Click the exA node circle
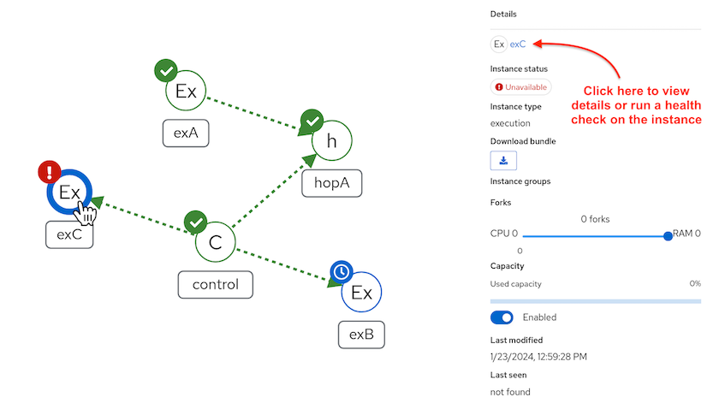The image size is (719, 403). tap(186, 91)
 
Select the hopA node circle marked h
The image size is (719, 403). tap(331, 141)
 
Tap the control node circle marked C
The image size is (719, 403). tap(215, 243)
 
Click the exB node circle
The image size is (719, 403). tap(361, 293)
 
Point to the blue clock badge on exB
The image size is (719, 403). tap(341, 272)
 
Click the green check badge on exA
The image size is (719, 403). tap(165, 70)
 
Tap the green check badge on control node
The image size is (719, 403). tap(196, 222)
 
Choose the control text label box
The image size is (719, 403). tap(215, 285)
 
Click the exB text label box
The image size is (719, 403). tap(361, 334)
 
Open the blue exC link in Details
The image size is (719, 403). tap(518, 44)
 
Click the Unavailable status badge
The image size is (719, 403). tap(521, 87)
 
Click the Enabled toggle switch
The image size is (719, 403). tap(502, 317)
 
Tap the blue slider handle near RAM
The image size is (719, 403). tap(668, 236)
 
